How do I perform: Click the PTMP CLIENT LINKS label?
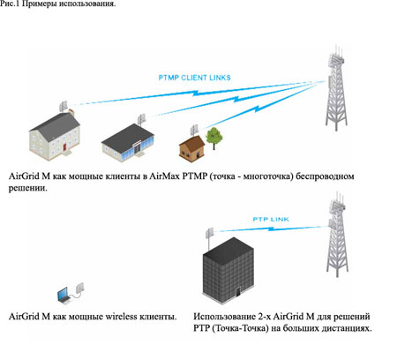click(194, 78)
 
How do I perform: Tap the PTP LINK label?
click(271, 219)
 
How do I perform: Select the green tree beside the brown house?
click(214, 139)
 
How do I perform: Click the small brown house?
click(191, 148)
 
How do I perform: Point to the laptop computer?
click(64, 296)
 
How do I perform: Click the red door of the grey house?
click(64, 146)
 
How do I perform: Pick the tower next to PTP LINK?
click(337, 235)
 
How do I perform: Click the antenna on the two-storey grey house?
click(64, 106)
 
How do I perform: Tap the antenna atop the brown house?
click(194, 130)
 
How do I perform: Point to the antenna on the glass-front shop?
click(141, 119)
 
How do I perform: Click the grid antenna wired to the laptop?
click(79, 288)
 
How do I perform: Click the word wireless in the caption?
click(121, 317)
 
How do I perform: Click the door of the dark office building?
click(237, 292)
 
